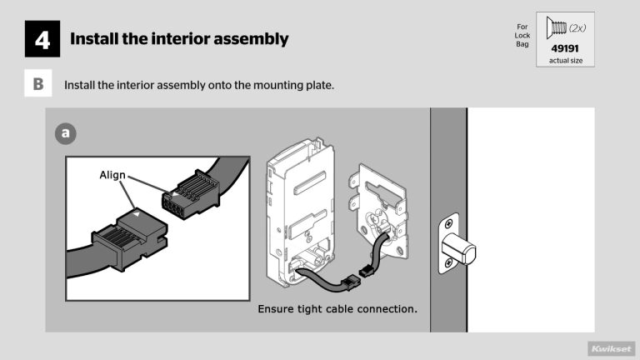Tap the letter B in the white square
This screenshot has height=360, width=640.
(38, 85)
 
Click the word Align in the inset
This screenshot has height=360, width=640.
(113, 175)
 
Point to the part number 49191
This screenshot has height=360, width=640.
(565, 48)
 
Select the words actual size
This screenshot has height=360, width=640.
(565, 61)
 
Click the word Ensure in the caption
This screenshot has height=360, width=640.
(279, 309)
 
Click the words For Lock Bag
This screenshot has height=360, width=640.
(522, 36)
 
